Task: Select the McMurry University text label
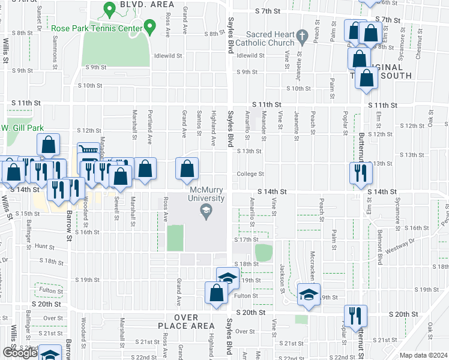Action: (x=206, y=194)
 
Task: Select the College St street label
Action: (x=250, y=174)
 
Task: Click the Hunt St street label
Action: (x=44, y=246)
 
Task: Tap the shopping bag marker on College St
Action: (x=187, y=169)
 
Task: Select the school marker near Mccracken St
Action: (x=309, y=295)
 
